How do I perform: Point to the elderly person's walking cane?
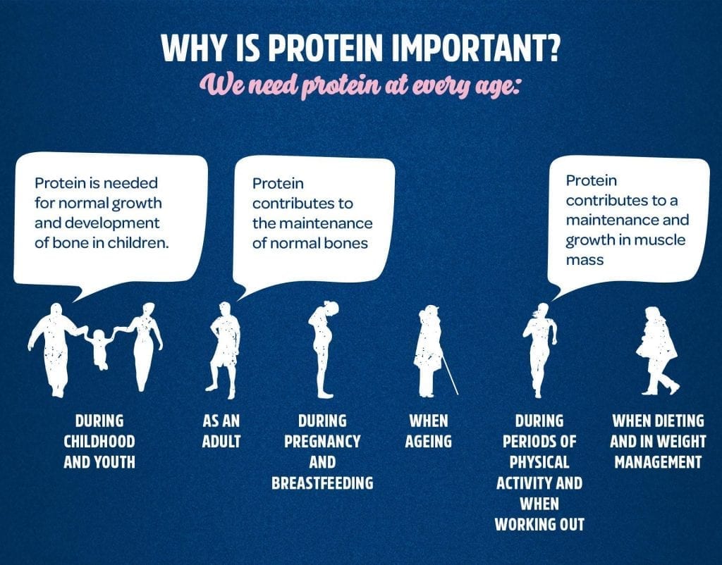[x=450, y=375]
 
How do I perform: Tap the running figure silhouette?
[x=539, y=350]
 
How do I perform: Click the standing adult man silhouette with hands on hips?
[x=224, y=349]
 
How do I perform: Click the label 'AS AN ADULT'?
[x=221, y=431]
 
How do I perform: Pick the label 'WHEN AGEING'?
[x=428, y=431]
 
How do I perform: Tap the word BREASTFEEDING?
[x=322, y=483]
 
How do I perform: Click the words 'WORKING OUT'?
[x=539, y=525]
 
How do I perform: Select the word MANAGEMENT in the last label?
[x=658, y=462]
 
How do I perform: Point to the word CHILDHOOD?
[x=99, y=442]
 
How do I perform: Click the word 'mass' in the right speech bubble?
[x=585, y=261]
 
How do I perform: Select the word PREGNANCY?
[x=322, y=442]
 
